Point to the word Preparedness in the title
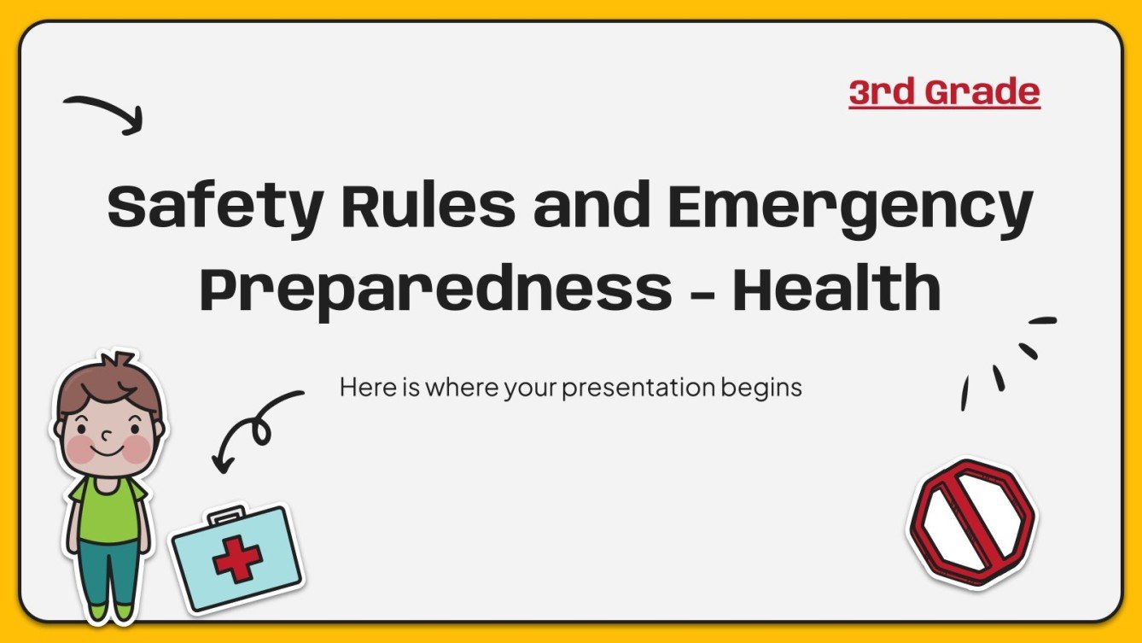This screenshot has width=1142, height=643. pyautogui.click(x=435, y=288)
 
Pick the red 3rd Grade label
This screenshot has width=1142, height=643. pyautogui.click(x=944, y=92)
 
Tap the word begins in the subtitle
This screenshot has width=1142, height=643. pyautogui.click(x=760, y=389)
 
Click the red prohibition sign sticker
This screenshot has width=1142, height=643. pyautogui.click(x=970, y=522)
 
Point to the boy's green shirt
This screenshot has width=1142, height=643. pyautogui.click(x=108, y=509)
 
